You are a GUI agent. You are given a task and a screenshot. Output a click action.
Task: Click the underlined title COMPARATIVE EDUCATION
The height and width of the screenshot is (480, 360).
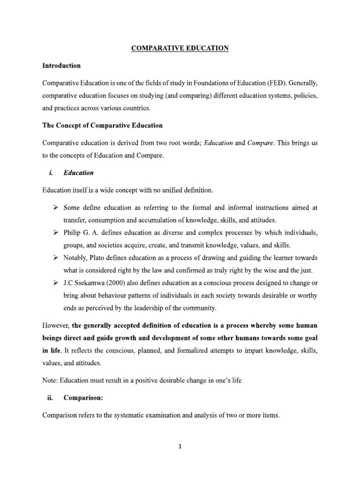[x=180, y=48]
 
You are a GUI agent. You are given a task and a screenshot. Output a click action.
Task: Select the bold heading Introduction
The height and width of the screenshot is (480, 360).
[x=61, y=66]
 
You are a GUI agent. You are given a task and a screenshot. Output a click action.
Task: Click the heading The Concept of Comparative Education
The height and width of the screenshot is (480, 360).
[x=103, y=126]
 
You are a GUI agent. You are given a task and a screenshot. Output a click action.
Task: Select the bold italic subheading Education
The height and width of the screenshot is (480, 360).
[x=79, y=173]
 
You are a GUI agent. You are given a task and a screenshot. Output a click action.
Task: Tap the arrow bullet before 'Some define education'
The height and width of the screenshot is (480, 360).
[x=55, y=207]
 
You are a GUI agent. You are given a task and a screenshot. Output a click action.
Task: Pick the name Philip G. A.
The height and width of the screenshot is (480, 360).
[x=82, y=233]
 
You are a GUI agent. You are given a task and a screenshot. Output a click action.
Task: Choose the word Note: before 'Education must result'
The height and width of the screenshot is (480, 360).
[x=51, y=381]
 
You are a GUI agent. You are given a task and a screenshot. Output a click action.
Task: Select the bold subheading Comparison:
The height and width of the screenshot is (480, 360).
[x=83, y=398]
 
